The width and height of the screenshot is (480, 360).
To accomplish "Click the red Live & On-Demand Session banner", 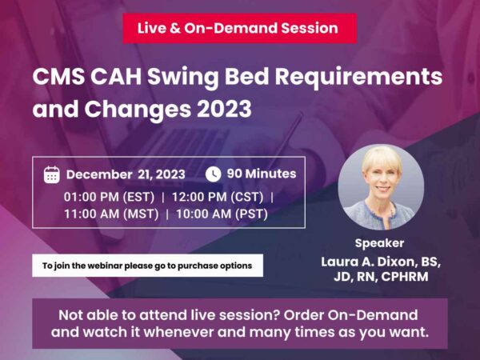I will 238,28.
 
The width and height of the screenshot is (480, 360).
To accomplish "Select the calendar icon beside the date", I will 51,174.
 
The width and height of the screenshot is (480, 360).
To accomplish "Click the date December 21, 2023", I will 126,174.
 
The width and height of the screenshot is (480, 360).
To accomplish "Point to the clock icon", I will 214,174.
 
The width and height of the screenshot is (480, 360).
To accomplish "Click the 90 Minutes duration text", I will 262,174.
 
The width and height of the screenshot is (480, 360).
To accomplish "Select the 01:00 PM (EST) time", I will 109,195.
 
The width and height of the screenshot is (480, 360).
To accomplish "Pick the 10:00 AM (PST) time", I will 220,214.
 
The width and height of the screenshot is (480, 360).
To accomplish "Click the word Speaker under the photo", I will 380,243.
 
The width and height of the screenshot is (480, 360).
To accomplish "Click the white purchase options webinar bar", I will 147,265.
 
